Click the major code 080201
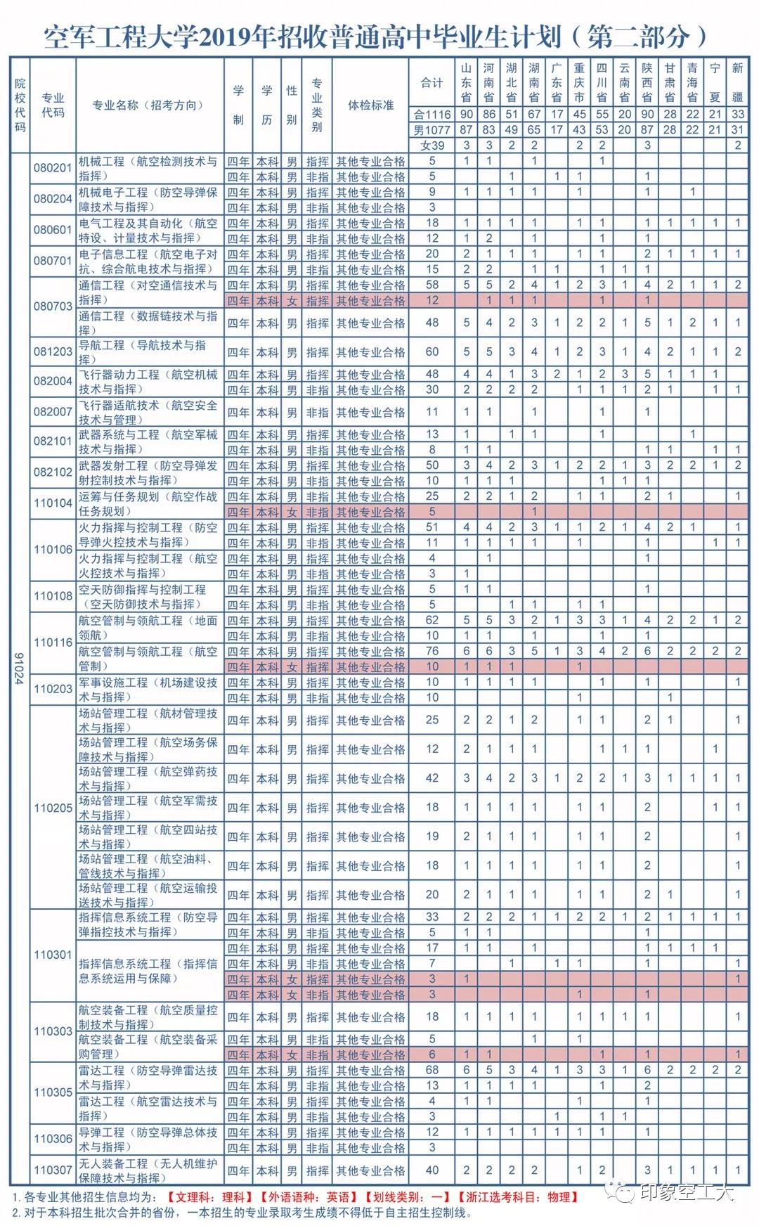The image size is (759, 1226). (53, 168)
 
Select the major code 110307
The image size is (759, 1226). (53, 1170)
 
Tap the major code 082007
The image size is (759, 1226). (53, 412)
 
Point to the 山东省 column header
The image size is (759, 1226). (467, 82)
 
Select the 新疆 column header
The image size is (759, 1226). (737, 82)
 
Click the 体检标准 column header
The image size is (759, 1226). (370, 105)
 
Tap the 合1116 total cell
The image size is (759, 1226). (432, 114)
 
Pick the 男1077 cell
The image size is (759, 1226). (432, 129)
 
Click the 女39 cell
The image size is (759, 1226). (432, 145)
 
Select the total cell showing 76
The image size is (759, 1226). (432, 651)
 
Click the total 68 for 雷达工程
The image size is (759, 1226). (432, 1070)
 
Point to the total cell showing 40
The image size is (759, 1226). (432, 1170)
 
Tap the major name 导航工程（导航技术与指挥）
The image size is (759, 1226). (148, 351)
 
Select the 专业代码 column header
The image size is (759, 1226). (53, 105)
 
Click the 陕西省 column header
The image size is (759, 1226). (647, 82)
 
